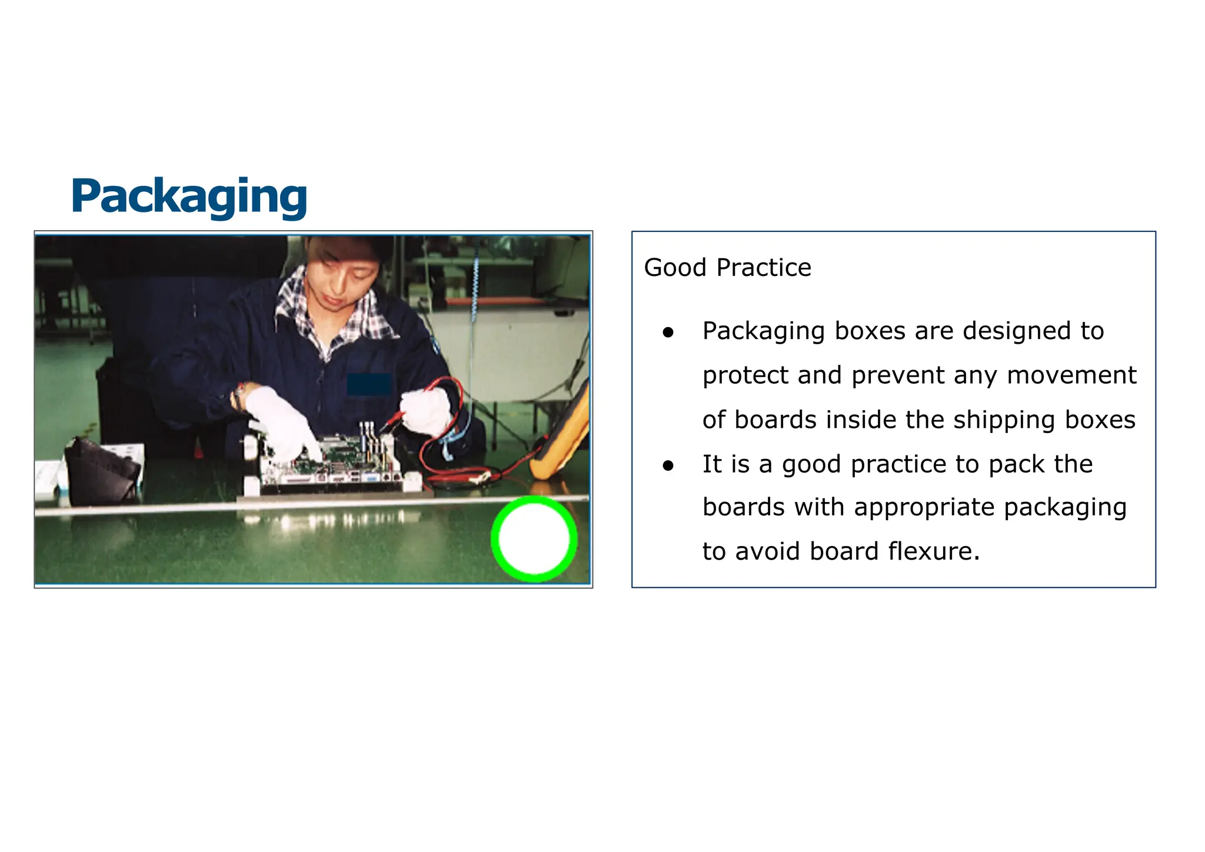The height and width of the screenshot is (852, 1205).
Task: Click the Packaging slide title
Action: click(189, 196)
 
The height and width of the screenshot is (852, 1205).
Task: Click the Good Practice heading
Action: click(727, 268)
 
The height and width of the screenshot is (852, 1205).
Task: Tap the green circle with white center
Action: click(534, 538)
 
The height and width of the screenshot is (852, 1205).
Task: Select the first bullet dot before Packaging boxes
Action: click(668, 332)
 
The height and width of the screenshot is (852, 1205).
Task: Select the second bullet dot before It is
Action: click(668, 465)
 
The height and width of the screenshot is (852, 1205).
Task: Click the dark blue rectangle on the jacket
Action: click(369, 384)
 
